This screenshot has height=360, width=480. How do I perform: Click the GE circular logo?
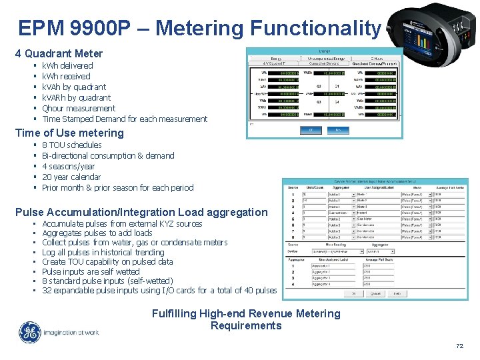pos(29,333)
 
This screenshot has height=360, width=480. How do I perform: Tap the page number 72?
pos(459,346)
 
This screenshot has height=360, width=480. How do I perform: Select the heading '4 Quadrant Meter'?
pos(59,53)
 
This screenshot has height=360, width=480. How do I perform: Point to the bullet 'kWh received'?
pos(66,76)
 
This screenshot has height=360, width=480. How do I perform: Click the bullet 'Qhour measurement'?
pos(79,108)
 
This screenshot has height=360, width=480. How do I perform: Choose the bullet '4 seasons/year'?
pos(68,166)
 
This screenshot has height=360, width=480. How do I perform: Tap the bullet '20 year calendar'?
pos(71,177)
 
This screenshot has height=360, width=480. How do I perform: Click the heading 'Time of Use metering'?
pos(69,133)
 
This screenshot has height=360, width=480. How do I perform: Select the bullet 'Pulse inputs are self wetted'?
pos(91,271)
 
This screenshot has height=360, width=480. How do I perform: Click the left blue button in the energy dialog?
pos(309,130)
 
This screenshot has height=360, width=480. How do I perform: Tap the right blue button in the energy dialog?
pos(338,130)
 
